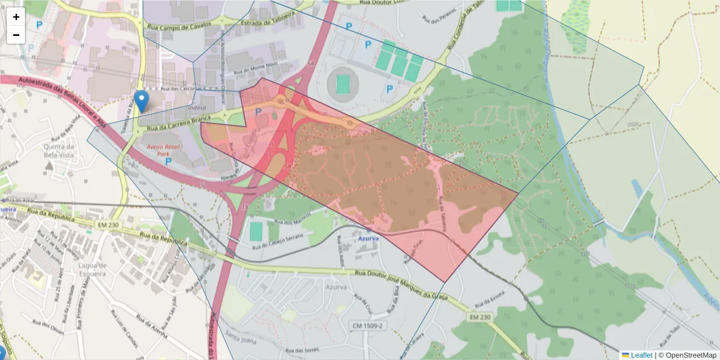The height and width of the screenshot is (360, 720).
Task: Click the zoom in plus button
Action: [x=16, y=17]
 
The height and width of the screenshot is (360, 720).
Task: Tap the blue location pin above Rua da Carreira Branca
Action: [x=142, y=101]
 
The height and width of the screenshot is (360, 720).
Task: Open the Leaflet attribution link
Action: [x=641, y=355]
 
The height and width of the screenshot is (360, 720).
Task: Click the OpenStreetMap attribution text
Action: [x=687, y=355]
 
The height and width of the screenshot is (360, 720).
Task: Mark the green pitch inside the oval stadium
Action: [x=343, y=85]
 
